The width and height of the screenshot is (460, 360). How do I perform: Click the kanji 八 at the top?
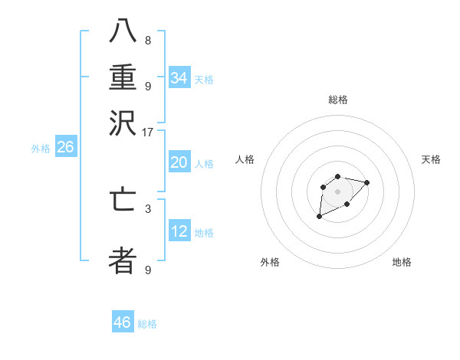(123, 31)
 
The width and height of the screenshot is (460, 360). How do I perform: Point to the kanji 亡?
(123, 198)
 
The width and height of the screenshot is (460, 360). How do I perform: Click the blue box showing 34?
(179, 78)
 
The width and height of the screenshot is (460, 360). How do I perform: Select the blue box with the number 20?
(179, 162)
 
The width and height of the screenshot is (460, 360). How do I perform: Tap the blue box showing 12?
(179, 231)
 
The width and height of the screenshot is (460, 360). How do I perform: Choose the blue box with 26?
(65, 148)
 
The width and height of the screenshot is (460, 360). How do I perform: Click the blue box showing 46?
(123, 322)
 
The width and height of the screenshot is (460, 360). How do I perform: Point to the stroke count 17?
(148, 132)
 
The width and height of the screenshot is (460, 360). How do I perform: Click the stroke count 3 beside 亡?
(148, 208)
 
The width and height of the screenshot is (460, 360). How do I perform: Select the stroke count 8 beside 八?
(148, 41)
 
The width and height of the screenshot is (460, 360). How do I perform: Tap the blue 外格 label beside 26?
(41, 149)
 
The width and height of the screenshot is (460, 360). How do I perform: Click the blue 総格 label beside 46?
(147, 324)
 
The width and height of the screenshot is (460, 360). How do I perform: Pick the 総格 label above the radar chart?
(338, 100)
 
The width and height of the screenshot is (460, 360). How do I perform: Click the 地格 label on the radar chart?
(402, 262)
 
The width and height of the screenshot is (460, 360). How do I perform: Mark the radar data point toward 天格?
(367, 182)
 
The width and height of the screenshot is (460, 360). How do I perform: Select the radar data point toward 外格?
(320, 217)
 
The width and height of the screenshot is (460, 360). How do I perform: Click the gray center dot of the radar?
(338, 191)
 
